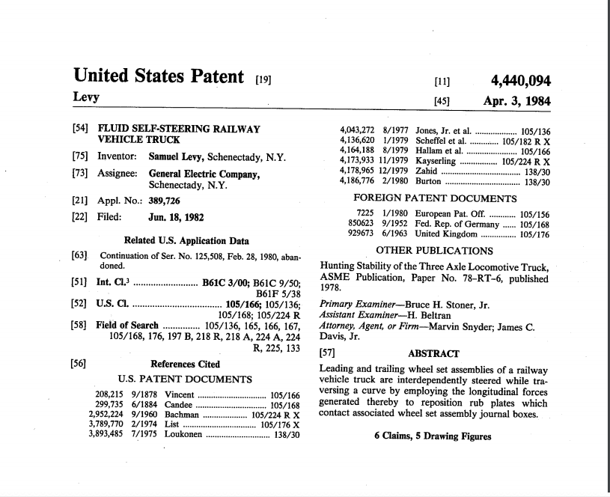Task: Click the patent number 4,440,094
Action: (520, 81)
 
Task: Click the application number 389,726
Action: (165, 201)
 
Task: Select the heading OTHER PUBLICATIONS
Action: (434, 251)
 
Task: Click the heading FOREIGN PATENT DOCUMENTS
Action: (434, 198)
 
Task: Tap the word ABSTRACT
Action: (434, 353)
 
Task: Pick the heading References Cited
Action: (186, 365)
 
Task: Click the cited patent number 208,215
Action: (110, 394)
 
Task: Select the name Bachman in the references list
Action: (181, 414)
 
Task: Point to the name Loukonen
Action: (183, 433)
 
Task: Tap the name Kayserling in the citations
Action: (437, 160)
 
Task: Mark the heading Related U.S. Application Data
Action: (186, 241)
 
